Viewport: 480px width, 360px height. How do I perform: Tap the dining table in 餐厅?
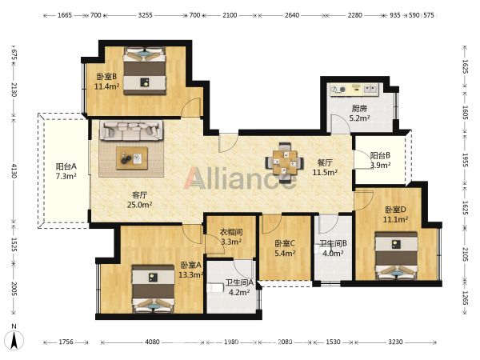coord(285,162)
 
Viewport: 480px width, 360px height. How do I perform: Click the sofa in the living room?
coord(132,130)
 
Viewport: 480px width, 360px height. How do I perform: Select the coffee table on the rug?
coord(132,158)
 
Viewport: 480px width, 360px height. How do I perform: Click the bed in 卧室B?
coord(145,71)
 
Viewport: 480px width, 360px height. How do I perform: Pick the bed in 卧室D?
coord(397,255)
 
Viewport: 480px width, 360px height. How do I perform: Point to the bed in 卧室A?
coord(153,289)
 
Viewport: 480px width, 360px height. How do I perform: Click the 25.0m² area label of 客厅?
coord(139,205)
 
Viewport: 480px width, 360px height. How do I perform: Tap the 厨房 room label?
coord(359,108)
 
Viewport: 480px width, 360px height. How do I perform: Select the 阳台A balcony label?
coord(66,166)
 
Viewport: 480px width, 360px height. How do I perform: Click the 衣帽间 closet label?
coord(231,232)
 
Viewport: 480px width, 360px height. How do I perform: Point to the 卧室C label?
coord(285,243)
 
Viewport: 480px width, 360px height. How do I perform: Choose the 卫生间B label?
coord(333,243)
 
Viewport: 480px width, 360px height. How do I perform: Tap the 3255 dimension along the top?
coord(145,15)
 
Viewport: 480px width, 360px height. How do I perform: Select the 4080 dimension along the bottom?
coord(152,342)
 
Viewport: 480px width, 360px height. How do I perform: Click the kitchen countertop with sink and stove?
coord(354,90)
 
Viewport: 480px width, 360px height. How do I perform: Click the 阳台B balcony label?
coord(380,155)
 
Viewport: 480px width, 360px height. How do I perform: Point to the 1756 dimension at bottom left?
coord(66,342)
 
